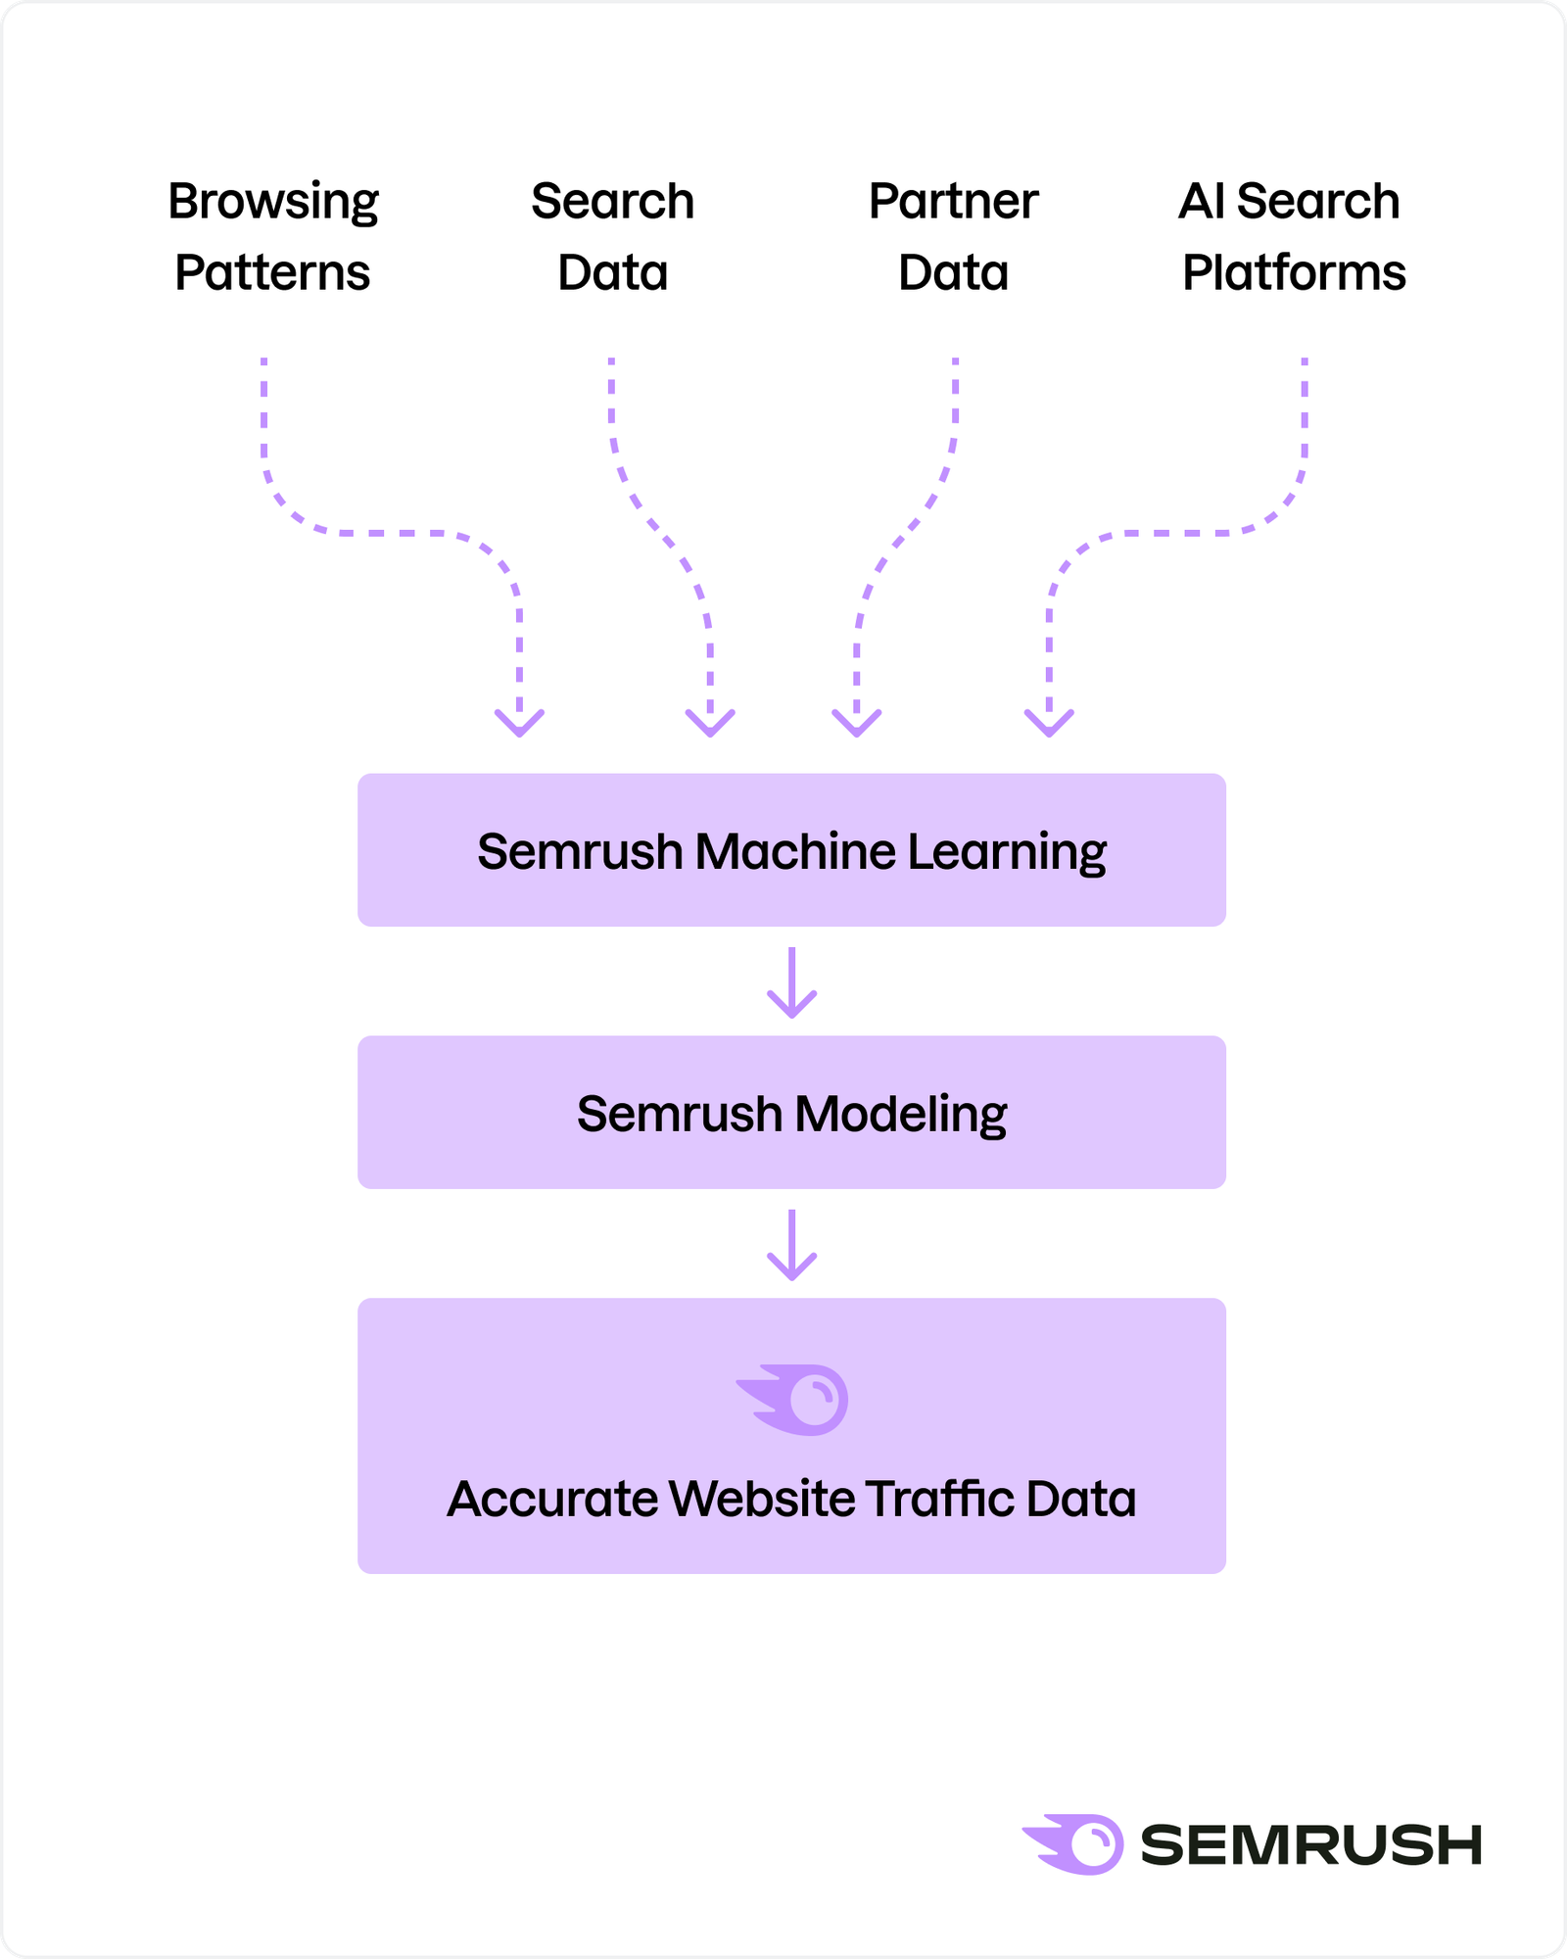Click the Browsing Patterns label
tap(272, 236)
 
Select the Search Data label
tap(612, 236)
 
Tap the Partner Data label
tap(953, 236)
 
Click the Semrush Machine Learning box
tap(791, 849)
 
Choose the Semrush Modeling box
tap(791, 1112)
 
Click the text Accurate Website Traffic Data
tap(791, 1499)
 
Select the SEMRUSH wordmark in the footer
tap(1310, 1845)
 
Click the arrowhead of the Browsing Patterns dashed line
tap(519, 723)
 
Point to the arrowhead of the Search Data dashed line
tap(710, 723)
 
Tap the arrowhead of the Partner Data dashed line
tap(857, 723)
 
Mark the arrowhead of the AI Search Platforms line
tap(1049, 723)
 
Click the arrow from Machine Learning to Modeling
tap(791, 982)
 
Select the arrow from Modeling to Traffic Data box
tap(791, 1245)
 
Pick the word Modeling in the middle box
tap(900, 1115)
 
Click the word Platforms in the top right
tap(1294, 272)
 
